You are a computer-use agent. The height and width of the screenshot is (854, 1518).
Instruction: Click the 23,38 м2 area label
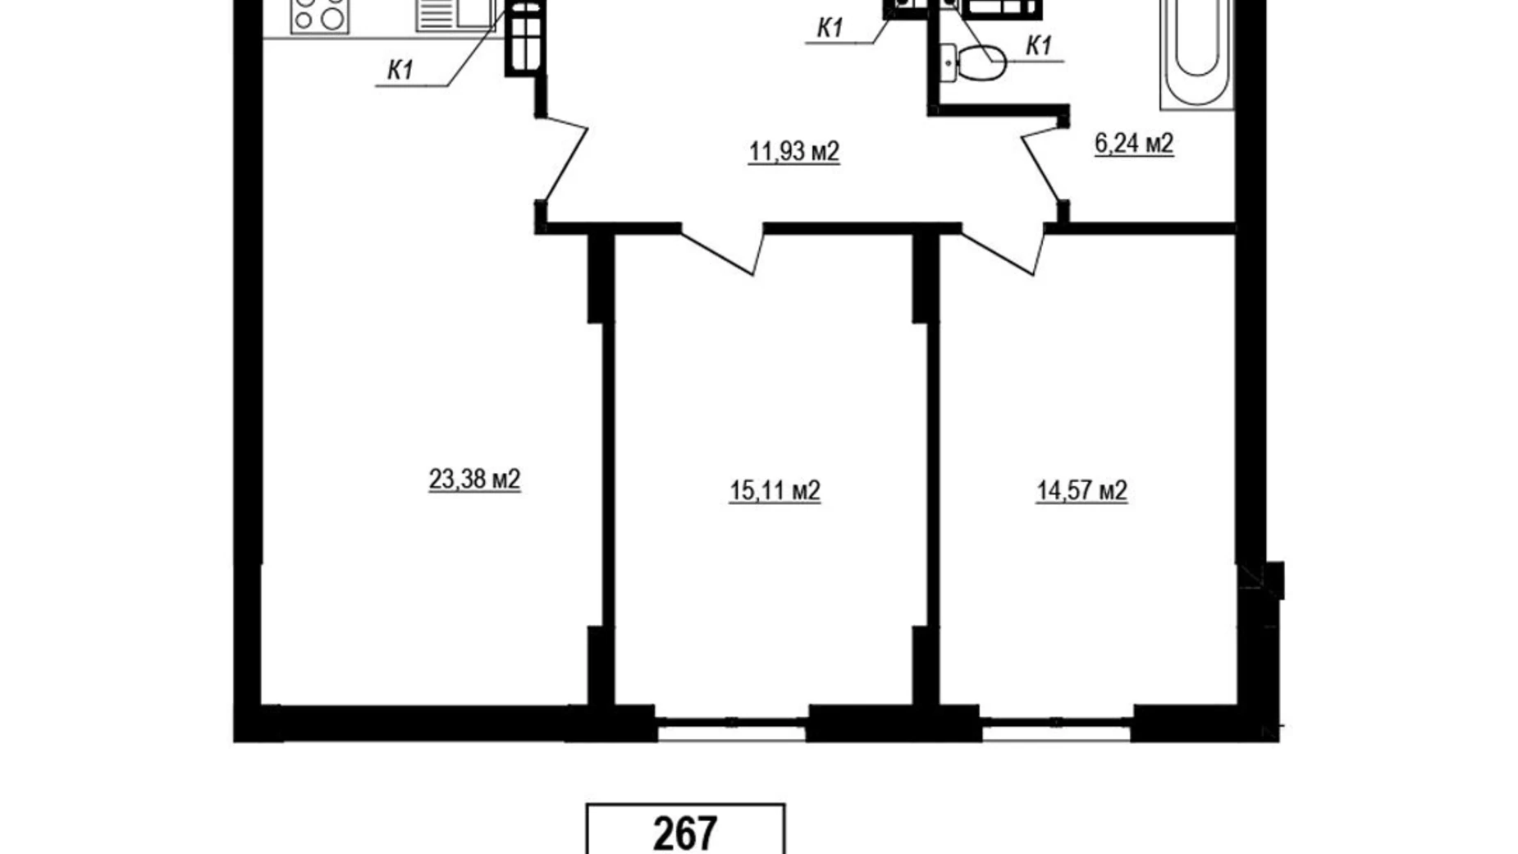[474, 478]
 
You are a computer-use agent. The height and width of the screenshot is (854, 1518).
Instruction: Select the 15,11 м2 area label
[775, 490]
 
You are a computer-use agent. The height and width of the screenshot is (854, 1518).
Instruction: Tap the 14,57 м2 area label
[1081, 490]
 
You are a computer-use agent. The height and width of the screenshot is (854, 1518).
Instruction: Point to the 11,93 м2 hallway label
[793, 151]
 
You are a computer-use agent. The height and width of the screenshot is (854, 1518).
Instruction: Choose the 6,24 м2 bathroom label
[1134, 143]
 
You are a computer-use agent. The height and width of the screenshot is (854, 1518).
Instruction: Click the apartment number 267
[685, 833]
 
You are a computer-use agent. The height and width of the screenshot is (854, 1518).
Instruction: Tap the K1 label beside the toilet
[1039, 46]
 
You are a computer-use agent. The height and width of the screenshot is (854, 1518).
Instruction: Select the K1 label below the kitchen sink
[400, 71]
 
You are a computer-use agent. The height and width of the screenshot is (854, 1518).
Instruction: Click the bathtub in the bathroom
[1196, 53]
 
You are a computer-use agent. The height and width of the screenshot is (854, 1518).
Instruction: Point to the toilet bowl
[981, 62]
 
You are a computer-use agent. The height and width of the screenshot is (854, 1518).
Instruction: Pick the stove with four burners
[319, 16]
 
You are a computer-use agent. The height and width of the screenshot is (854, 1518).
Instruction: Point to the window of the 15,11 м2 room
[732, 723]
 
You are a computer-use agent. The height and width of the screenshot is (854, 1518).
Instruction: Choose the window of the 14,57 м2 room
[1056, 723]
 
